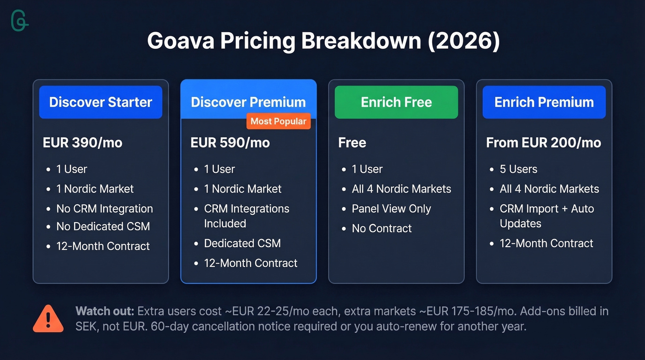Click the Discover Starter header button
pyautogui.click(x=100, y=102)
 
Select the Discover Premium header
pyautogui.click(x=248, y=102)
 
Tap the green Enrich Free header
pyautogui.click(x=396, y=102)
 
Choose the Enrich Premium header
pyautogui.click(x=544, y=102)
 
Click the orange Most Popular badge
pyautogui.click(x=278, y=121)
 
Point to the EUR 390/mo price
pyautogui.click(x=82, y=142)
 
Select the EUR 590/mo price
pyautogui.click(x=230, y=142)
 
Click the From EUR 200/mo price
pyautogui.click(x=544, y=142)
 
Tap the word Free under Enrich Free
pyautogui.click(x=352, y=142)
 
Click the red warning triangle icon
pyautogui.click(x=48, y=319)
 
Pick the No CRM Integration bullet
pyautogui.click(x=105, y=208)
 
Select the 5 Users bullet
pyautogui.click(x=518, y=169)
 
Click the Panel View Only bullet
pyautogui.click(x=391, y=208)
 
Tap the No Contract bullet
pyautogui.click(x=381, y=228)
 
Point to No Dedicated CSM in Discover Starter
pyautogui.click(x=103, y=226)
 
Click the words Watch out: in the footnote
pyautogui.click(x=105, y=311)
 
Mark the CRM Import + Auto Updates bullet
pyautogui.click(x=547, y=216)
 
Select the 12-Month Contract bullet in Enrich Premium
pyautogui.click(x=546, y=243)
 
